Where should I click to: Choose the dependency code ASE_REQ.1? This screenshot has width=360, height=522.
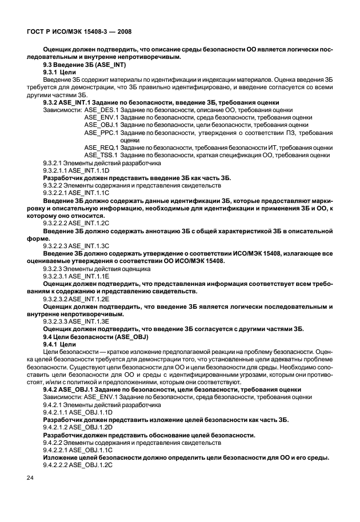click(101, 147)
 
